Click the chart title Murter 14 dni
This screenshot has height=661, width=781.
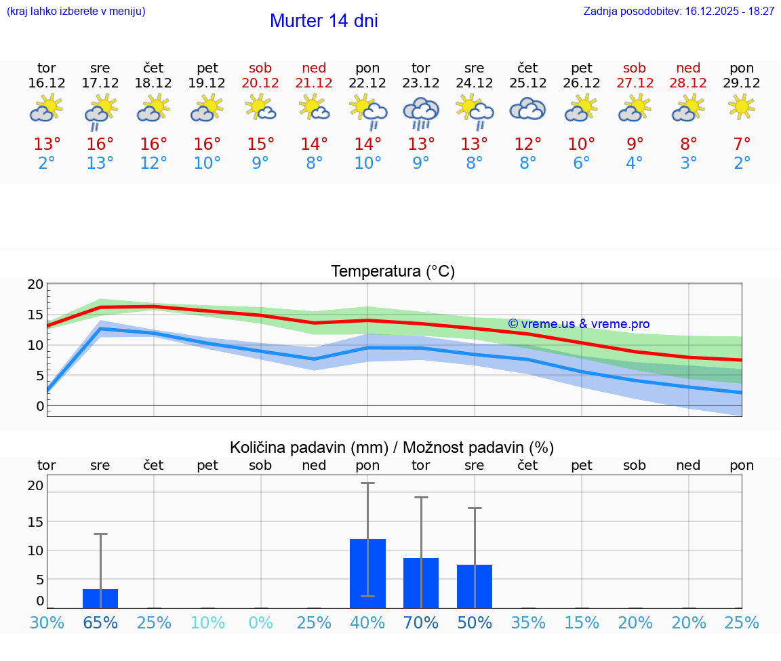pyautogui.click(x=323, y=21)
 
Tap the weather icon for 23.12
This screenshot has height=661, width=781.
pyautogui.click(x=421, y=112)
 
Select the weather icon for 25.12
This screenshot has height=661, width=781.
pyautogui.click(x=527, y=109)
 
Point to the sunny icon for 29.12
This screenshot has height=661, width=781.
pyautogui.click(x=742, y=107)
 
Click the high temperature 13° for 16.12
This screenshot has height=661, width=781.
pyautogui.click(x=47, y=144)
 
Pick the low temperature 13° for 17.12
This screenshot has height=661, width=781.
pyautogui.click(x=100, y=163)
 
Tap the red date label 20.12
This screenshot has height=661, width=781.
pyautogui.click(x=260, y=83)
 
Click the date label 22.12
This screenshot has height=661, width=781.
pyautogui.click(x=367, y=83)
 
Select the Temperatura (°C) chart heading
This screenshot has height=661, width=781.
pyautogui.click(x=393, y=272)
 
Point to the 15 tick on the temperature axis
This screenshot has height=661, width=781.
pyautogui.click(x=35, y=315)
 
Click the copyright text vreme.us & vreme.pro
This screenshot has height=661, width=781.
pyautogui.click(x=578, y=324)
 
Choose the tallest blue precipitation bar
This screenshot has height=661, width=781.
pyautogui.click(x=367, y=573)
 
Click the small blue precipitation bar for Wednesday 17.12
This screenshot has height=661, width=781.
pyautogui.click(x=100, y=598)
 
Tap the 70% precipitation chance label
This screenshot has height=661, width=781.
pyautogui.click(x=421, y=622)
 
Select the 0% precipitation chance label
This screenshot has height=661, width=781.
pyautogui.click(x=260, y=622)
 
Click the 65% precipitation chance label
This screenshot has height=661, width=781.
pyautogui.click(x=100, y=622)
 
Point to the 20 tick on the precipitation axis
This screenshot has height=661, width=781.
pyautogui.click(x=35, y=485)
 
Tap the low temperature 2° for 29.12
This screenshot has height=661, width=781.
pyautogui.click(x=742, y=163)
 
